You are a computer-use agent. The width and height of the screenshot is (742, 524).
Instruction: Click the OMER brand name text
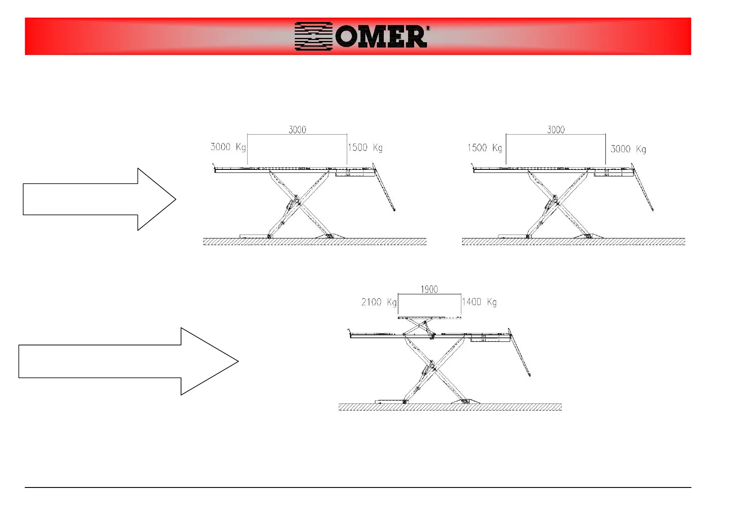pyautogui.click(x=381, y=37)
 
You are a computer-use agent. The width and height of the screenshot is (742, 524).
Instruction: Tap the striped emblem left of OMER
pyautogui.click(x=313, y=37)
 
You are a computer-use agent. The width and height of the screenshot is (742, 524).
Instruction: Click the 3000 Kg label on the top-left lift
pyautogui.click(x=228, y=147)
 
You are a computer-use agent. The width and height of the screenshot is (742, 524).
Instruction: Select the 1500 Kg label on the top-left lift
pyautogui.click(x=365, y=148)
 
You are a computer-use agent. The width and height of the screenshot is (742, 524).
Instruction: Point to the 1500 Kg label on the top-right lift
pyautogui.click(x=484, y=148)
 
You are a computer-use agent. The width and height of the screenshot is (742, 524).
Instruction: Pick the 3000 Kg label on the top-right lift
pyautogui.click(x=628, y=149)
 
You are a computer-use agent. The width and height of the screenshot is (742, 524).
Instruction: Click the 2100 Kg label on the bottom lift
pyautogui.click(x=379, y=302)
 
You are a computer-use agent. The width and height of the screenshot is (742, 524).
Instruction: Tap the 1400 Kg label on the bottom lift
pyautogui.click(x=479, y=302)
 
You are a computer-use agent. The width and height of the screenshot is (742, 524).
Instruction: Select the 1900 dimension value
pyautogui.click(x=429, y=289)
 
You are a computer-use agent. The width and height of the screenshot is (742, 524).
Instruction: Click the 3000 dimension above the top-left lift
pyautogui.click(x=297, y=129)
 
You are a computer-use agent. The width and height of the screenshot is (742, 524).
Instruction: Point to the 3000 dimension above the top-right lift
pyautogui.click(x=556, y=129)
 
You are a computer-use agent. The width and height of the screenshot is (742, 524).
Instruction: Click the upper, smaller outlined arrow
pyautogui.click(x=99, y=199)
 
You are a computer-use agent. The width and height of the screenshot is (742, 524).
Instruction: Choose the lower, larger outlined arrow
pyautogui.click(x=128, y=361)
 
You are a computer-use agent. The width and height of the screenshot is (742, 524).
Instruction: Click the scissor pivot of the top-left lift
pyautogui.click(x=297, y=202)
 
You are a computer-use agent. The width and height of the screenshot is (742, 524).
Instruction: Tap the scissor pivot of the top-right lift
pyautogui.click(x=556, y=202)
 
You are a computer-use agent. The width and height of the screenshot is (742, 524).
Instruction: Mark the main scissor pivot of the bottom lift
pyautogui.click(x=432, y=366)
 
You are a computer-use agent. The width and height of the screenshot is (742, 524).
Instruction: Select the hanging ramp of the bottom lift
pyautogui.click(x=519, y=352)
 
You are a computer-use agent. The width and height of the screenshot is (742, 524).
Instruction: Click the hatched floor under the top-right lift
pyautogui.click(x=573, y=242)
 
